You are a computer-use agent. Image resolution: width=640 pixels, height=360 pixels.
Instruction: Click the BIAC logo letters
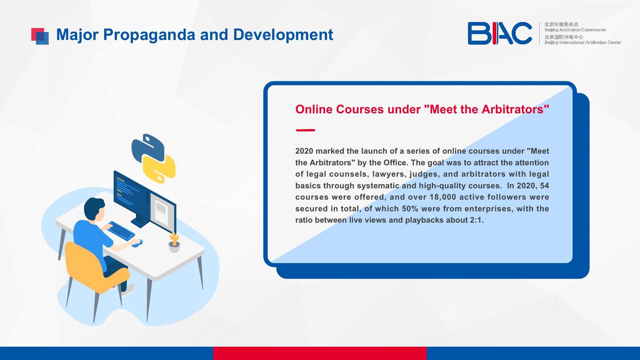click(x=500, y=33)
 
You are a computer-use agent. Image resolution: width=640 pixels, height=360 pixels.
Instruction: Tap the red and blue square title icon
click(x=40, y=36)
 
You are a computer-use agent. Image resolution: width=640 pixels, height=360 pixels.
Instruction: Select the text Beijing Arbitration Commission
click(x=575, y=30)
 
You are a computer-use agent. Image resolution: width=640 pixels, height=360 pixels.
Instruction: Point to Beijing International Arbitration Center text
click(x=583, y=43)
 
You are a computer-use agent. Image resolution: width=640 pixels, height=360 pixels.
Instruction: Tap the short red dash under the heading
click(x=305, y=130)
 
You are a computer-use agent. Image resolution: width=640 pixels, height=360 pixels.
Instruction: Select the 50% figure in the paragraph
click(x=410, y=209)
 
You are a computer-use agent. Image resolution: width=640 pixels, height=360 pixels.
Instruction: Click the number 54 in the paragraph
click(x=544, y=186)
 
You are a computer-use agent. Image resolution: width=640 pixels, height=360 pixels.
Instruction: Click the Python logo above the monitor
click(x=153, y=159)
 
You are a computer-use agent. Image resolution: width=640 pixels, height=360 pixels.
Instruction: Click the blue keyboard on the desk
click(x=121, y=230)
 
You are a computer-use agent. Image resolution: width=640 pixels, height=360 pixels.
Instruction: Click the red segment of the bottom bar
click(x=320, y=353)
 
